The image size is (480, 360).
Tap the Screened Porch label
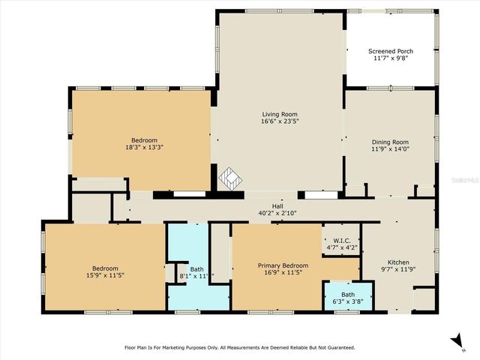point(390,51)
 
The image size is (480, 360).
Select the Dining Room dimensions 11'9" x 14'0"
point(390,148)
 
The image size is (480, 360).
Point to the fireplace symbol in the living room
point(232,179)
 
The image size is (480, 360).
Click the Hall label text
point(277,205)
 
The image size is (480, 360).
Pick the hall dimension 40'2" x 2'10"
point(277,213)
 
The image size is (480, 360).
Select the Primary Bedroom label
point(283,265)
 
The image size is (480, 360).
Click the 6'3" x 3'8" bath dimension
point(348,301)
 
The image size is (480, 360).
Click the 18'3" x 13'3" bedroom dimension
point(144,148)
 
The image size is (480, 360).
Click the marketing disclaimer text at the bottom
point(239,347)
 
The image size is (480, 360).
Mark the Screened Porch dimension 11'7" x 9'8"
point(390,58)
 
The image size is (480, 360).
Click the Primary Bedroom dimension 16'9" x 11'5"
point(283,273)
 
